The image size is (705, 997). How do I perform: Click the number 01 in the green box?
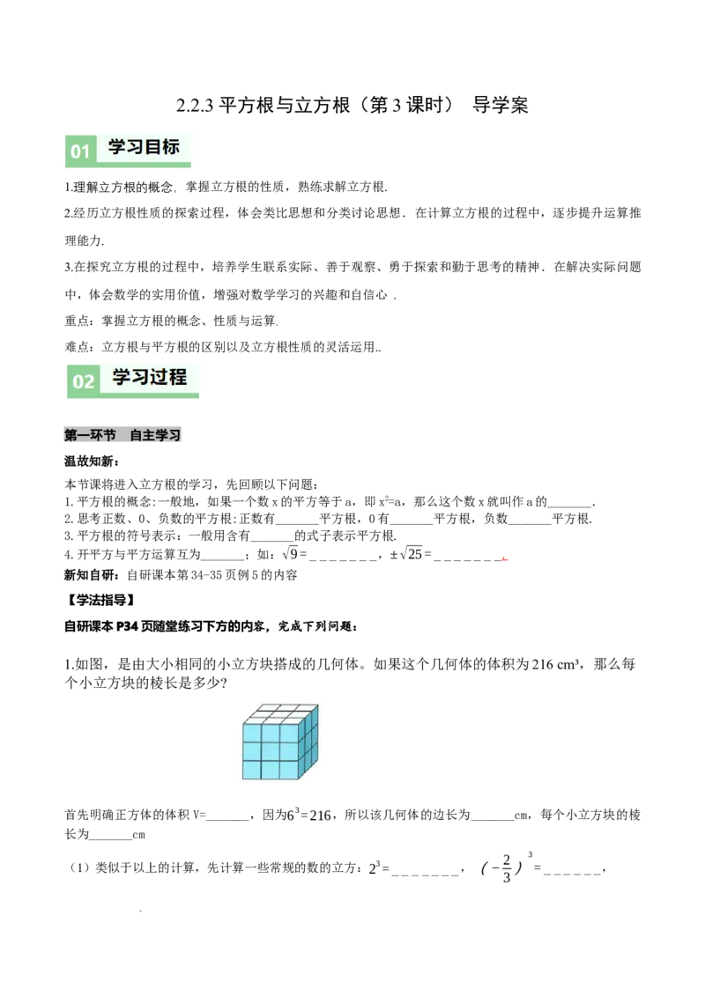pos(80,151)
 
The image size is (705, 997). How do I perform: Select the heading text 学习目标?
pos(144,147)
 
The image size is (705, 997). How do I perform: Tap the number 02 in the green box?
pos(83,381)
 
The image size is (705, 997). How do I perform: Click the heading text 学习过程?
pos(150,377)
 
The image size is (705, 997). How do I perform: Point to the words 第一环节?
pos(90,435)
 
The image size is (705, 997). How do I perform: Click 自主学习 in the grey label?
pos(155,435)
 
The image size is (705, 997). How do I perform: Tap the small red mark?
pos(507,559)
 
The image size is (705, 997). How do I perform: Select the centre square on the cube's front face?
pos(271,751)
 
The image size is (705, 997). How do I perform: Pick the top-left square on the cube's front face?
pos(252,733)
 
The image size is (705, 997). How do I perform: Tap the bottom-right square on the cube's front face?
pos(289,770)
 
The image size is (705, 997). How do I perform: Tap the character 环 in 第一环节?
pos(96,435)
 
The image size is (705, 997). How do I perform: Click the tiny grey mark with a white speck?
pos(254,567)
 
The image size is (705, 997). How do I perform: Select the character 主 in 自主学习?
pos(149,435)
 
